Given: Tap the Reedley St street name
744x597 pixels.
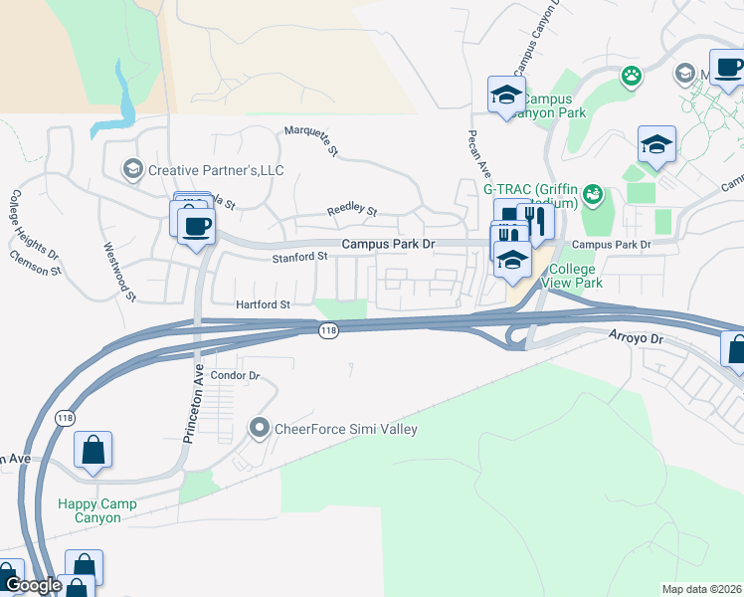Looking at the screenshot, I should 353,211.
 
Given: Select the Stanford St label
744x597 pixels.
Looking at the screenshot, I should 299,257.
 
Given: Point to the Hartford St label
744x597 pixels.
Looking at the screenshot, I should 263,304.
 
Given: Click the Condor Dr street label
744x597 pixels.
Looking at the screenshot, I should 236,376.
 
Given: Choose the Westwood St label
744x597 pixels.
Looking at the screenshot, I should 117,270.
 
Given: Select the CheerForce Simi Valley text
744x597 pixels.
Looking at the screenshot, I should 345,429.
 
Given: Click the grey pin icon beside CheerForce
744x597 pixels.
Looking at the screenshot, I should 260,429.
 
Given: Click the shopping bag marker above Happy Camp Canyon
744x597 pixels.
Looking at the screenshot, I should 93,449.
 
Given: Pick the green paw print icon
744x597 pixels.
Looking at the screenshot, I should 631,75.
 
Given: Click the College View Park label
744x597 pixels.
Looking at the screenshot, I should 572,276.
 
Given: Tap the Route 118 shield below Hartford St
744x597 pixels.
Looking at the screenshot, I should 327,330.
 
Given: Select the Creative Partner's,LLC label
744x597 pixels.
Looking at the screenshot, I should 216,170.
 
